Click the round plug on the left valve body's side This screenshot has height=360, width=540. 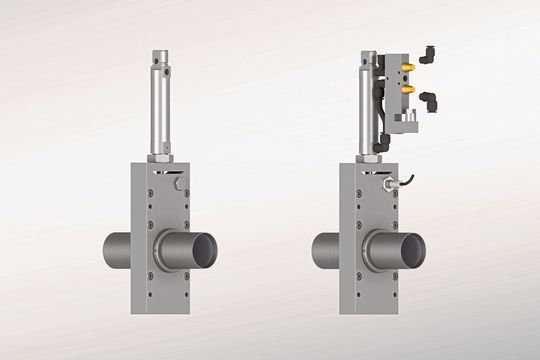tap(178, 186)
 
